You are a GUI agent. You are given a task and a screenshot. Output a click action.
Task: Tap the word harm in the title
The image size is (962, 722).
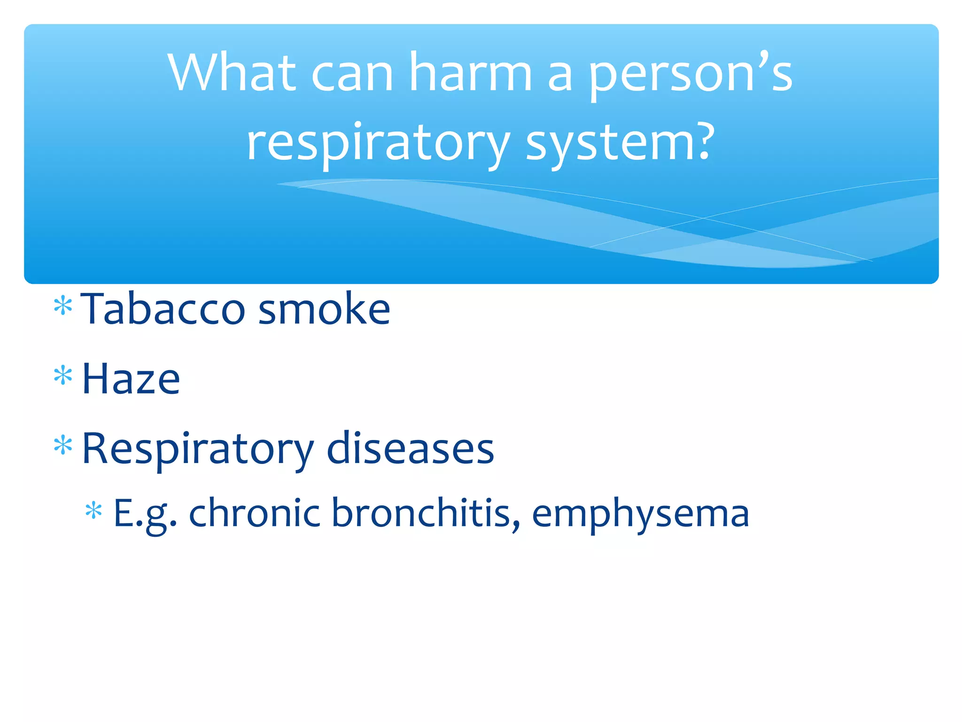coord(470,73)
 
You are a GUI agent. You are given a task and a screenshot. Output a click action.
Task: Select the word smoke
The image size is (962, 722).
coord(324,309)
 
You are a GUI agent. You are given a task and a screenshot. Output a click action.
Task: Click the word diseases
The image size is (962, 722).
coord(410,449)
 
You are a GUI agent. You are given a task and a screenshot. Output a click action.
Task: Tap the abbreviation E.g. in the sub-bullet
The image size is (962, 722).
coord(145,514)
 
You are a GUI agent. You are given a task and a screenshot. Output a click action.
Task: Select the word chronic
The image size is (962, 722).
coord(254,513)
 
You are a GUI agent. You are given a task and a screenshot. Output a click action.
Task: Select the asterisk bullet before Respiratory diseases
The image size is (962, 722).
coord(63,445)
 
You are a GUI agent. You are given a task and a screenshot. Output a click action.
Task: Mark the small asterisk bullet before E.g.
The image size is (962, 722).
coord(93,511)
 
